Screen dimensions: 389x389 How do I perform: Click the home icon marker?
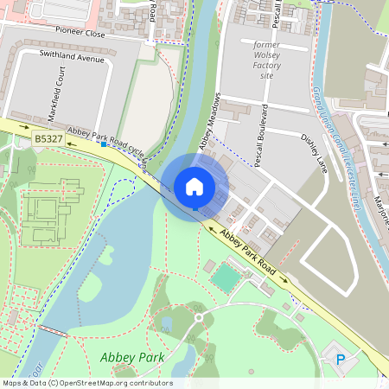click(x=194, y=186)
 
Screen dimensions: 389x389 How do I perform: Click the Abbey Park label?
click(x=132, y=357)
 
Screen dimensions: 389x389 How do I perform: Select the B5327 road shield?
click(x=48, y=138)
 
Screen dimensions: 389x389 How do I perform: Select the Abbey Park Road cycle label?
click(x=106, y=137)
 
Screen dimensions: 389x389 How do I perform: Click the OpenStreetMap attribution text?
click(x=86, y=383)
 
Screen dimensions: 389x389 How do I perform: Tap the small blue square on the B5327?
click(x=103, y=144)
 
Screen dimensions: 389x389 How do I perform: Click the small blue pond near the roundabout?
click(x=166, y=323)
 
